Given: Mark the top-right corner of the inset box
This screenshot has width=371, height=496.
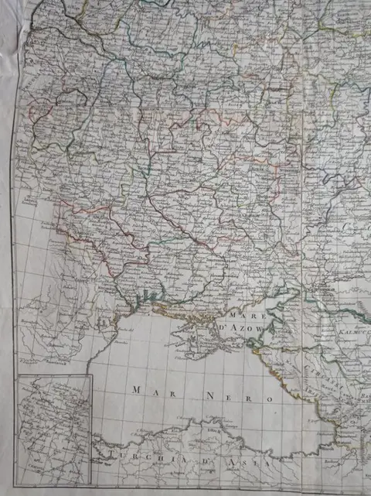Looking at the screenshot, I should click(x=92, y=375).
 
